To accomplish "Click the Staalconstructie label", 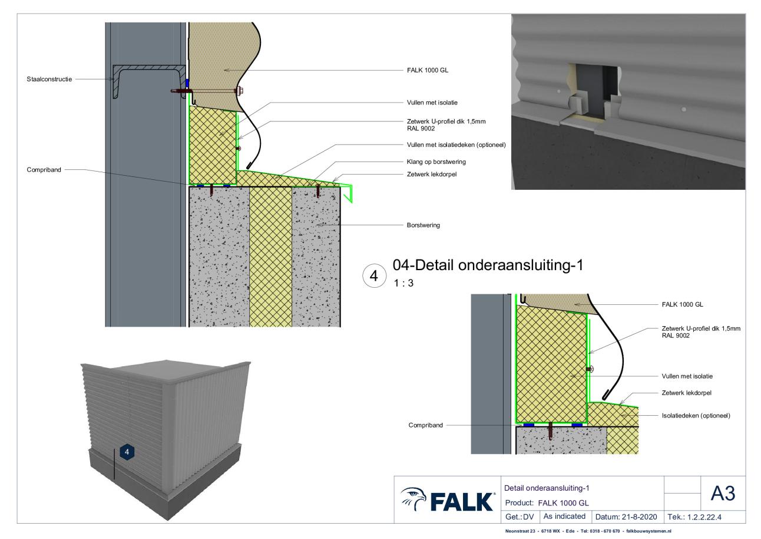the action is point(49,79).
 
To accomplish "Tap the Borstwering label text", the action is point(423,225).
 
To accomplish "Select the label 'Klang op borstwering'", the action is point(436,162).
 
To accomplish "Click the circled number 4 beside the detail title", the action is point(374,276).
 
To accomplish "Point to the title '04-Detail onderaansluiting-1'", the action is point(488,265).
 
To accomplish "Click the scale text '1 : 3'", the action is point(403,283).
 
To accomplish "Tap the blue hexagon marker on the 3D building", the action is point(127,452).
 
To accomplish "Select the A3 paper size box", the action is point(723,493).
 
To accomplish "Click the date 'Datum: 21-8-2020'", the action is point(626,517).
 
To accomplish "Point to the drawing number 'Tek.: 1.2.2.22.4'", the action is point(694,517).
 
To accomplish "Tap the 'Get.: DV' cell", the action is point(520,517).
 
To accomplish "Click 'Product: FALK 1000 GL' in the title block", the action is point(547,503).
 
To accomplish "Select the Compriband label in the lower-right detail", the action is point(425,425).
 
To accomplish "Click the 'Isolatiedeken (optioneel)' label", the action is point(696,416).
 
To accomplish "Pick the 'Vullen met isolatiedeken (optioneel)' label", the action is point(456,145).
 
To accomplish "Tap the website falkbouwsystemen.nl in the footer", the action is point(649,531).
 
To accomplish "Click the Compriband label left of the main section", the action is point(44,170).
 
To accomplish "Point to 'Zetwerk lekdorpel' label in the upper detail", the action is point(432,175).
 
